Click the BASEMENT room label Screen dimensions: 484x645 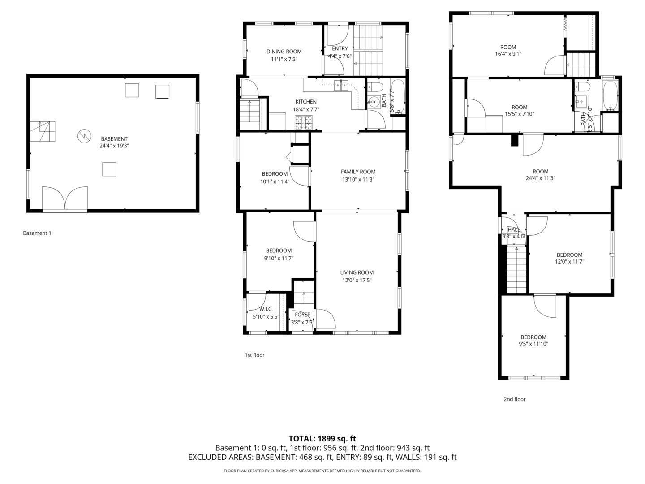(114, 139)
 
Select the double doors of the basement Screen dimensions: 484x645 (65, 198)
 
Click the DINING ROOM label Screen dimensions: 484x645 (284, 52)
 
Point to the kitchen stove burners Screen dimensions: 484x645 (303, 121)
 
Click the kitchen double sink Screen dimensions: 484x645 (341, 85)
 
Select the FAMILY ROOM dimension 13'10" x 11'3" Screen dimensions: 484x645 (358, 179)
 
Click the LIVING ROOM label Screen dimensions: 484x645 (357, 272)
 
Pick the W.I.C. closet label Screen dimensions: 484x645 (266, 309)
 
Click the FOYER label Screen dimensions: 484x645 (302, 315)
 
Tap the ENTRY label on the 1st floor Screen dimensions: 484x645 (340, 48)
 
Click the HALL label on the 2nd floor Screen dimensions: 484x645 (513, 229)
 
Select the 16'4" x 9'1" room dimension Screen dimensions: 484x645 (508, 54)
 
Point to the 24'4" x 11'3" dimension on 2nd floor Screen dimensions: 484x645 (541, 178)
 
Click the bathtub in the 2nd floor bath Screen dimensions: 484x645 (610, 96)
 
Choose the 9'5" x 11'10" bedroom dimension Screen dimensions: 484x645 (533, 344)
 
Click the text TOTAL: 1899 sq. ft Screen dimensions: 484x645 (322, 438)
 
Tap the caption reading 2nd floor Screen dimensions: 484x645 (514, 399)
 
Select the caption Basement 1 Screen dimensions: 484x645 (37, 233)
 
